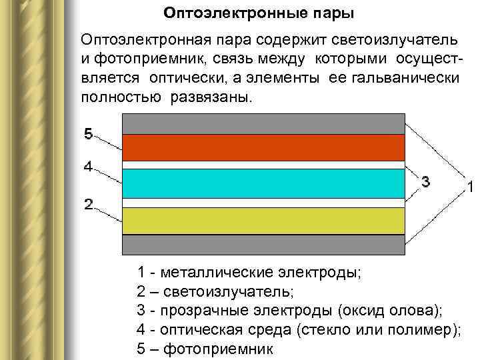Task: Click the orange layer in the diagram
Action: click(x=264, y=147)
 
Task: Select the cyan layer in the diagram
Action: click(x=264, y=183)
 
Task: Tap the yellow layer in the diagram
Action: click(x=264, y=221)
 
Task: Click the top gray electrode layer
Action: click(x=264, y=123)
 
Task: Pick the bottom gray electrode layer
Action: click(x=264, y=245)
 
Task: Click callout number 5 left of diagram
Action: click(x=88, y=134)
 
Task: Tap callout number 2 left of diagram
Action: click(x=88, y=204)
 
